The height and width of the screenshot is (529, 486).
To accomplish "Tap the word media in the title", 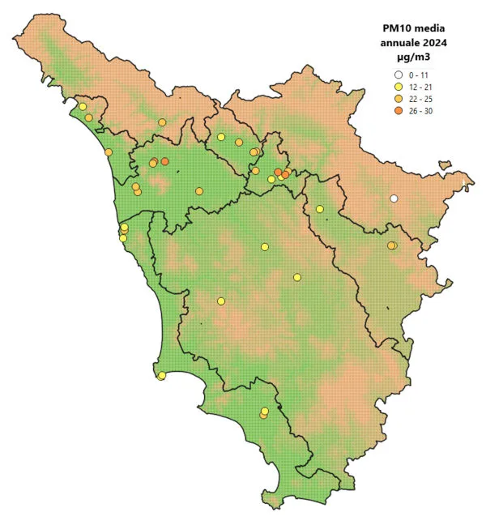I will click(430, 30).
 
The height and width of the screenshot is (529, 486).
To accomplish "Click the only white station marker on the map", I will click(394, 198).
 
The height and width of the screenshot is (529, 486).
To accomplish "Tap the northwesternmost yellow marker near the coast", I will click(83, 106).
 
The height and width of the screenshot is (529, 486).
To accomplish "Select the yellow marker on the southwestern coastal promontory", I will click(162, 375).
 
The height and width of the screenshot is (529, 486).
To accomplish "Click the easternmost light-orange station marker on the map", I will click(391, 245).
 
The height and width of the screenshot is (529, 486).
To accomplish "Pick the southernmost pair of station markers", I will click(264, 413).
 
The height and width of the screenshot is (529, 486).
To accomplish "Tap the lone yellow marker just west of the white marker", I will click(320, 209).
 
